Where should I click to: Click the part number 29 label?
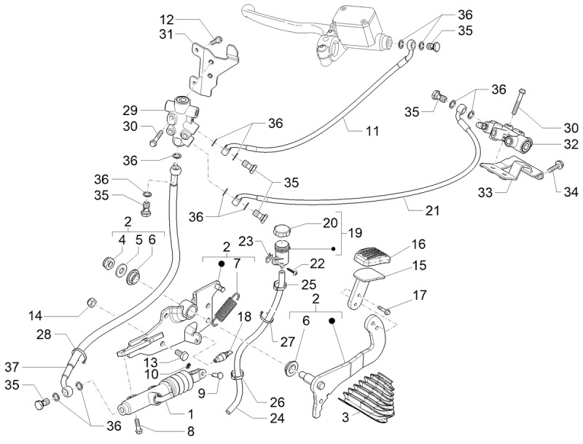130,111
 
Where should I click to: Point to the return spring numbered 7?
226,306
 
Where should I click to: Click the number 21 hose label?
431,210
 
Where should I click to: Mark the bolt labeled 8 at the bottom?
137,425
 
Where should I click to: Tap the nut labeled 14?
90,303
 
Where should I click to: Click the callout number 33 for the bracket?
485,192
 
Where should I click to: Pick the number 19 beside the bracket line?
355,233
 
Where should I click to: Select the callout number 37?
12,368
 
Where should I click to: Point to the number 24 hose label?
277,419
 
